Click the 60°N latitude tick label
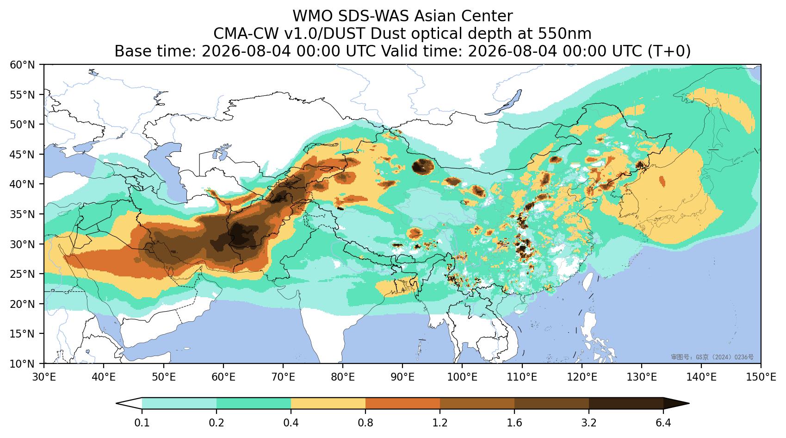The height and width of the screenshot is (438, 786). [23, 65]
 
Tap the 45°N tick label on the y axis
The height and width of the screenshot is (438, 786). [23, 154]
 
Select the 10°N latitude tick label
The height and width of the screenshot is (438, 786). [23, 363]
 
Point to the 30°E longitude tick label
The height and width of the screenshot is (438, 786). [44, 377]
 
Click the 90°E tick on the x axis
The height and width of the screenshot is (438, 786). [402, 377]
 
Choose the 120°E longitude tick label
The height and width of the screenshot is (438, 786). [582, 377]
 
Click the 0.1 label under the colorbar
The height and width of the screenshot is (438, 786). [142, 423]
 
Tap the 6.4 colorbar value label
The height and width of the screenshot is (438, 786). [663, 423]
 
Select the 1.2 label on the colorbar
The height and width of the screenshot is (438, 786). [440, 423]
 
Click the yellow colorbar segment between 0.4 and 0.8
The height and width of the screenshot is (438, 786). [328, 403]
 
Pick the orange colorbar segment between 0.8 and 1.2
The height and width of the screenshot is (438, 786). [403, 403]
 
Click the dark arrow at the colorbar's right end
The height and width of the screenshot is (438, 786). [676, 403]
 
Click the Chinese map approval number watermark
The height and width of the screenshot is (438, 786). [712, 357]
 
